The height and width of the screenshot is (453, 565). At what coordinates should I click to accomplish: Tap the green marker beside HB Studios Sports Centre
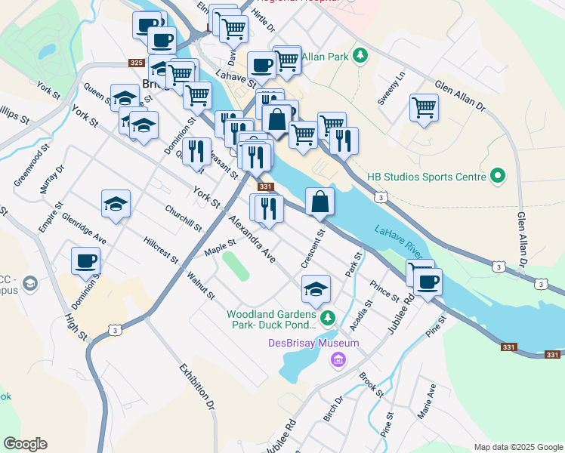tap(497, 177)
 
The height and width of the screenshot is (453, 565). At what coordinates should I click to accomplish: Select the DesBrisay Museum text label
tap(313, 344)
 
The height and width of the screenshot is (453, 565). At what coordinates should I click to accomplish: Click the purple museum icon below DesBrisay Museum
tap(338, 359)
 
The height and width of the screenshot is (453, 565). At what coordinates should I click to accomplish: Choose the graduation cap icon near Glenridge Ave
tap(116, 204)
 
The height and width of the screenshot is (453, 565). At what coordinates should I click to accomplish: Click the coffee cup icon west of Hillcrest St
tap(85, 261)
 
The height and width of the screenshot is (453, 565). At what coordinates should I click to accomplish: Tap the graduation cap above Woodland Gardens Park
tap(316, 288)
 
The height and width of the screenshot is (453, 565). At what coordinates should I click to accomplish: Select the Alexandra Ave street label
tap(252, 238)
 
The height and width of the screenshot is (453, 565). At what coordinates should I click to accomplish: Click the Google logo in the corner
tap(25, 444)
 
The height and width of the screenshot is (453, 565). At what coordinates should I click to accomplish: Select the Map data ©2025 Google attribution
tap(517, 447)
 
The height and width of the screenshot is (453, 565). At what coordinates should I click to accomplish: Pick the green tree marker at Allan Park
tap(361, 56)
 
